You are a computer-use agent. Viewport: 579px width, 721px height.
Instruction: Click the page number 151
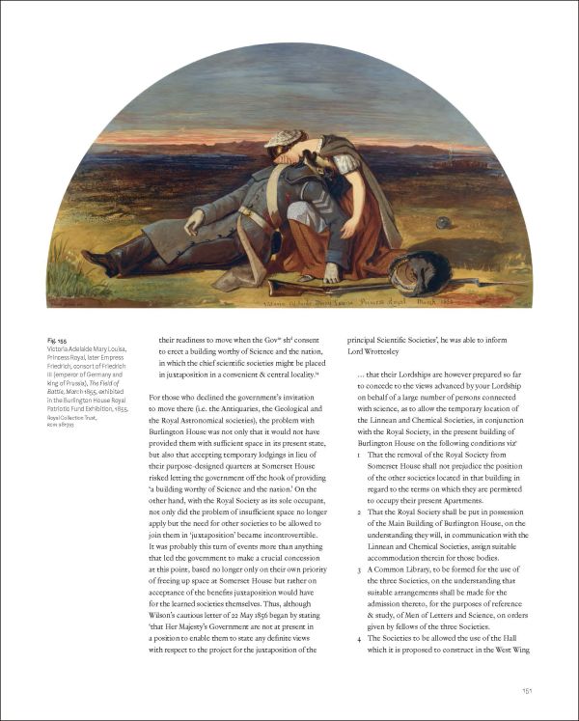pos(527,690)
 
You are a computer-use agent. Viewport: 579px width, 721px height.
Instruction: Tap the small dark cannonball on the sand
pos(443,222)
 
